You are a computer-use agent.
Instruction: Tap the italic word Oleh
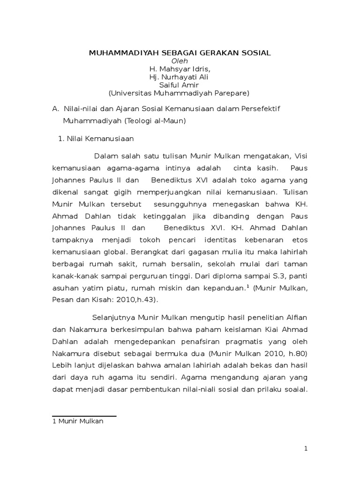(x=180, y=60)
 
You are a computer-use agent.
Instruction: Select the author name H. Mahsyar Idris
(x=180, y=69)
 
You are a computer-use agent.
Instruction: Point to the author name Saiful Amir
(x=180, y=85)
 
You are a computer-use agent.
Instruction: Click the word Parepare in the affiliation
(x=230, y=93)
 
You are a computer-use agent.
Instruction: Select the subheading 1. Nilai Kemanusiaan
(x=95, y=139)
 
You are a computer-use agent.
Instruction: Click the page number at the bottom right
(x=306, y=449)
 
